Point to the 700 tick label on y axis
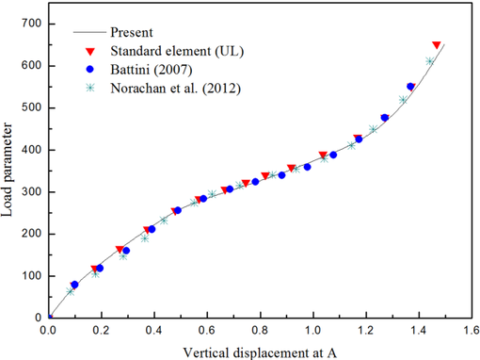point(29,23)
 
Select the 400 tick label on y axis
point(29,149)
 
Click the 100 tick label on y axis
point(29,275)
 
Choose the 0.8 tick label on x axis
point(260,331)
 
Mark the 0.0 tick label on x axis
point(48,331)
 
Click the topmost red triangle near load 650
point(436,44)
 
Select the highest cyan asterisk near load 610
point(430,61)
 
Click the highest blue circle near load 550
point(410,87)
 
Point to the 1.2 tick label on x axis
point(366,331)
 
